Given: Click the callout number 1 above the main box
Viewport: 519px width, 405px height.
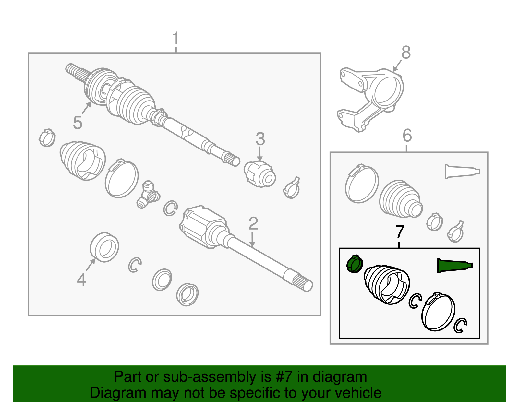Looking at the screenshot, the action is coord(175,38).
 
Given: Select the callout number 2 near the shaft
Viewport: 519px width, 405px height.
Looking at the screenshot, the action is coord(253,223).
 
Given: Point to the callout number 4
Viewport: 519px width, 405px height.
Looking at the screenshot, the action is coord(82,280).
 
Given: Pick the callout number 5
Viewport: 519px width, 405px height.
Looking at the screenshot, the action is coord(78,123).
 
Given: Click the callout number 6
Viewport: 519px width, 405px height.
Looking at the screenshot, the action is coord(407,135).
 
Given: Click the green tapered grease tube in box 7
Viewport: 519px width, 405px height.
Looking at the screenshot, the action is coord(455,266).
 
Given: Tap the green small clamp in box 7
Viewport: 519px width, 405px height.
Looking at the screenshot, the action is coord(355,264).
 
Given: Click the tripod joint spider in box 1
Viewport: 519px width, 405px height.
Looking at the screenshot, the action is coord(148,195).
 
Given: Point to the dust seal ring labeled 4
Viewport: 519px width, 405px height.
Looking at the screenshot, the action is coord(104,247).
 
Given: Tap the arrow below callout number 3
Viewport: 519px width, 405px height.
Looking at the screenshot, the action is coord(260,154).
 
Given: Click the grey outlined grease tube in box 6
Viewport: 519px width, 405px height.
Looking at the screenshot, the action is coord(462,171).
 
